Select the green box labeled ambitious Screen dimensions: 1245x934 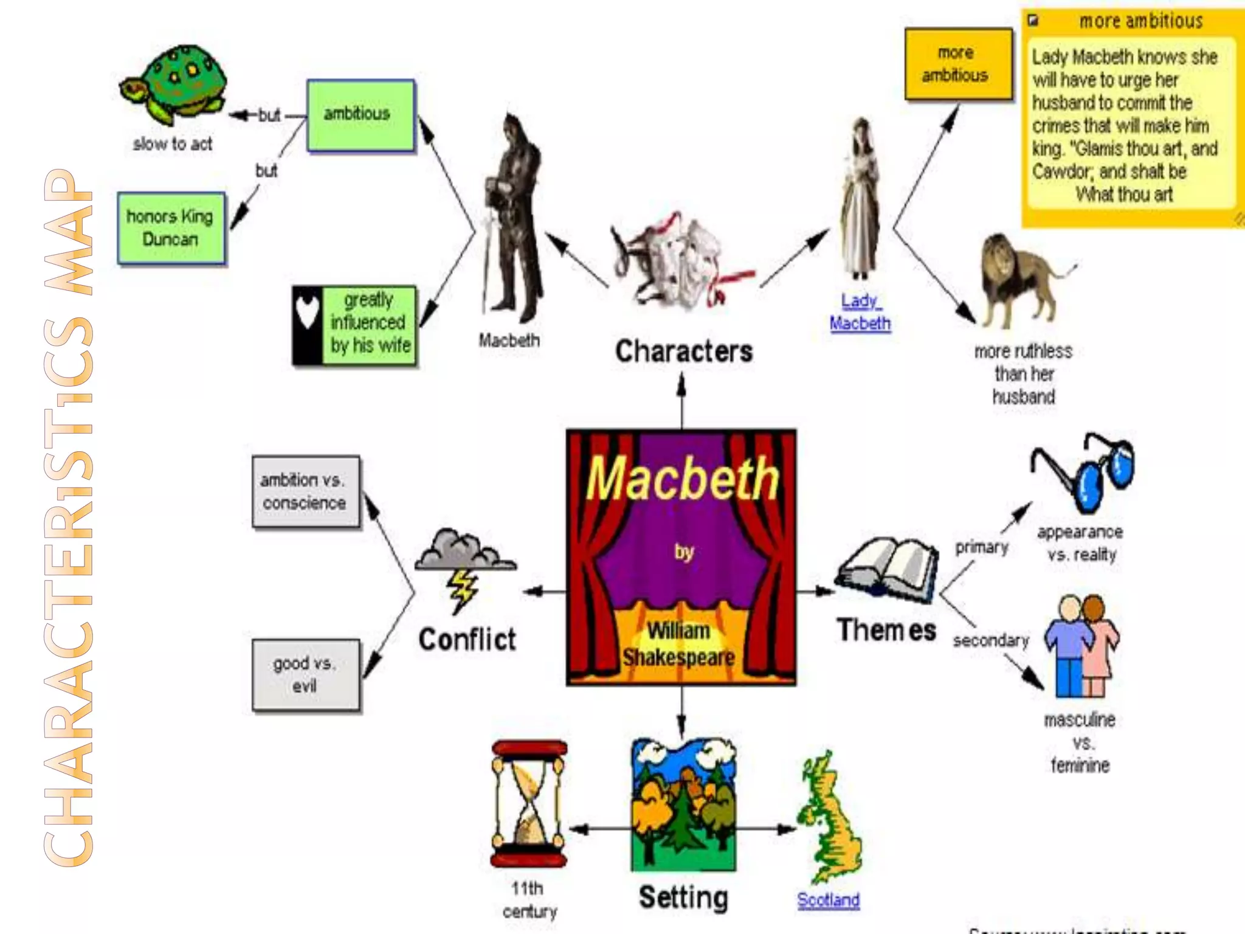click(360, 115)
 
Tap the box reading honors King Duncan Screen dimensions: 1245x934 click(171, 228)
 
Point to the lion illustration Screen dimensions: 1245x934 click(1021, 280)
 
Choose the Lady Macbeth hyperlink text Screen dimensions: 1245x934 click(860, 312)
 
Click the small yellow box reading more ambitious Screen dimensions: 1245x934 click(957, 64)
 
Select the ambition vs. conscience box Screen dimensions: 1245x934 click(305, 491)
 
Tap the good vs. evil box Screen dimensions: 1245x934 click(305, 675)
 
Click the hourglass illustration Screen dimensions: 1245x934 click(529, 803)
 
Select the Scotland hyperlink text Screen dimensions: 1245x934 click(828, 900)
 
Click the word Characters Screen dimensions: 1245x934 click(684, 351)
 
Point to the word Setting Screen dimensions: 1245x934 click(683, 898)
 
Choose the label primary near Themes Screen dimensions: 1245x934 click(981, 547)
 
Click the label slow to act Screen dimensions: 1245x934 click(173, 145)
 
